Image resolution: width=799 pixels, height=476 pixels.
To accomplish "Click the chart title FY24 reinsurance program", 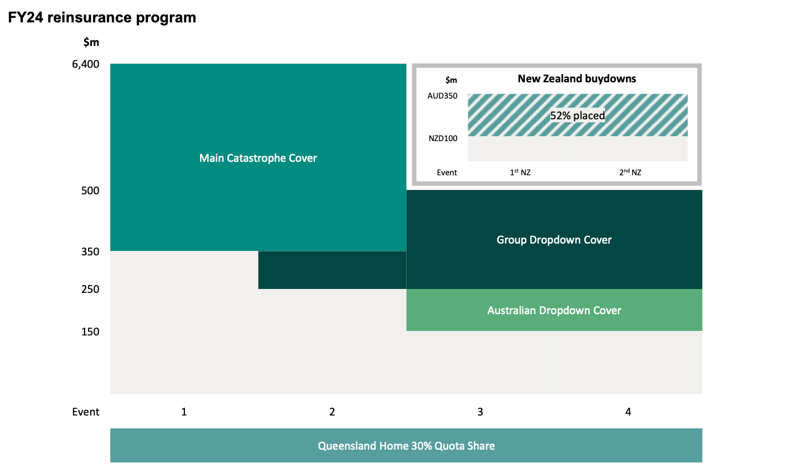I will click(102, 17).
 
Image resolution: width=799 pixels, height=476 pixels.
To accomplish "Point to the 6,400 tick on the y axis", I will click(86, 64).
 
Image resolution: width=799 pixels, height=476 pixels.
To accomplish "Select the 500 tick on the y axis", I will click(90, 190).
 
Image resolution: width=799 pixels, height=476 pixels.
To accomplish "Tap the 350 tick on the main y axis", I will click(90, 251).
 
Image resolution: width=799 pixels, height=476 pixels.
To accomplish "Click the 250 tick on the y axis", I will click(90, 289).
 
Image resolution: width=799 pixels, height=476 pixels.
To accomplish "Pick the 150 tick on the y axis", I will click(90, 332).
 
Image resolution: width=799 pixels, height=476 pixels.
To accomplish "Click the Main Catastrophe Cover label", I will click(258, 158).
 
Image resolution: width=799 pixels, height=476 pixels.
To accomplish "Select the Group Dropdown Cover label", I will click(554, 240).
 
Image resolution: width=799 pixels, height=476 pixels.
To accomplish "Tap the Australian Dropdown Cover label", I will click(554, 310).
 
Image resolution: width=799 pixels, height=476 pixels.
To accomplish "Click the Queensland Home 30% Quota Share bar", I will click(406, 446).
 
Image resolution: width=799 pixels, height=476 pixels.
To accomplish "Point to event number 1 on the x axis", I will click(184, 412).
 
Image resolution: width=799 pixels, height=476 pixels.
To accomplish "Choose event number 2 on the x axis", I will click(332, 412).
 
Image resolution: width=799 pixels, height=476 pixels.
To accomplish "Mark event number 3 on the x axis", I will click(480, 412).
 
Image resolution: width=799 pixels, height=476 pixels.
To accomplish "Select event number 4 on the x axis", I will click(628, 412).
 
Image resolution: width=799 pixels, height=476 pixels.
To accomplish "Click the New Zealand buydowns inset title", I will click(577, 78).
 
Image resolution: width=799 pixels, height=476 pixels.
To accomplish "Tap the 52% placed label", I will click(577, 115).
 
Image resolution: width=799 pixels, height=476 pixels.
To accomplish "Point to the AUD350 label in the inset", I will click(442, 96).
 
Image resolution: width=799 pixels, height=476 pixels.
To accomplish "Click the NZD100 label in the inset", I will click(443, 138).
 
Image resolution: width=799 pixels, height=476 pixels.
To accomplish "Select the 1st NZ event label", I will click(520, 172).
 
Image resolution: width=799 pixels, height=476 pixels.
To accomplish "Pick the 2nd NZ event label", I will click(630, 172).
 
